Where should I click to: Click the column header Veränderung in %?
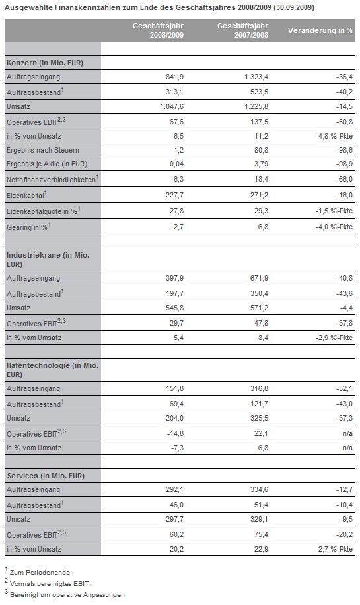coord(320,30)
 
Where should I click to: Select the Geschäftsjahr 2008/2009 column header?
coord(158,30)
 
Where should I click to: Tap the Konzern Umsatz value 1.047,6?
coord(172,106)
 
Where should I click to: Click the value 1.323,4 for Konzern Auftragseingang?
coord(256,77)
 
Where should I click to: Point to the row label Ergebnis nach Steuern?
coord(43,150)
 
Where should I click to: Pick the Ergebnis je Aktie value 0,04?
coord(177,164)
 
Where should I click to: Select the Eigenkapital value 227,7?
coord(175,196)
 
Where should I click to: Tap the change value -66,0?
coord(344,179)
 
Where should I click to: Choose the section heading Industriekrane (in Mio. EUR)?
coord(48,260)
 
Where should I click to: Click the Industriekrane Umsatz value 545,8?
coord(175,308)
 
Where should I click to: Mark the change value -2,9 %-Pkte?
coord(334,338)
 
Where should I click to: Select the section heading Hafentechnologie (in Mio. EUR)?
coord(52,370)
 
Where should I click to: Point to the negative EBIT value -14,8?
coord(175,433)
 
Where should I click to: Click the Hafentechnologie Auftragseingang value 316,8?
coord(260,388)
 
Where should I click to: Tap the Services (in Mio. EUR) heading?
coord(46,476)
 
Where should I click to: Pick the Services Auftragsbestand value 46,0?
coord(177,505)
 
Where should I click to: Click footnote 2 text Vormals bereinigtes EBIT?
coord(51,584)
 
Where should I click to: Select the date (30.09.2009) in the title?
coord(294,7)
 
